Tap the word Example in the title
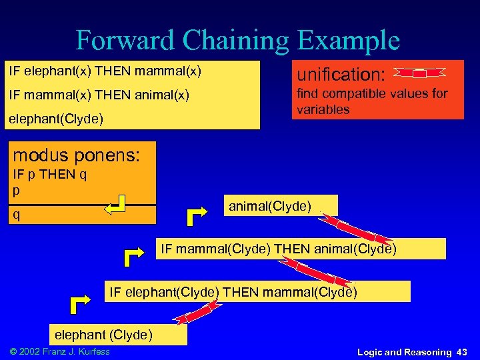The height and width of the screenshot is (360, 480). [348, 40]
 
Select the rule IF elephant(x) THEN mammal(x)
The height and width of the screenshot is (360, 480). [105, 70]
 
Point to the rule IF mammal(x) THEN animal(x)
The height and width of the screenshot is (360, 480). [99, 95]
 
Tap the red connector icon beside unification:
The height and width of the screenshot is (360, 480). [419, 73]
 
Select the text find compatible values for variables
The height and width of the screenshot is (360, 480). [372, 101]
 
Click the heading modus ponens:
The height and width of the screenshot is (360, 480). [77, 155]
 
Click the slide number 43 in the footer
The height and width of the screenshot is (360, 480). [462, 351]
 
